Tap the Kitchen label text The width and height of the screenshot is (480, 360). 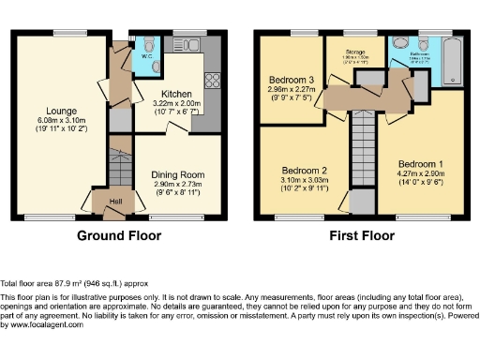(176, 95)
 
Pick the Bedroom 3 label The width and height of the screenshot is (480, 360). (291, 80)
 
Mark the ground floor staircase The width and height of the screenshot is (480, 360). (118, 169)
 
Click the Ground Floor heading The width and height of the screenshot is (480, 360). (116, 234)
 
